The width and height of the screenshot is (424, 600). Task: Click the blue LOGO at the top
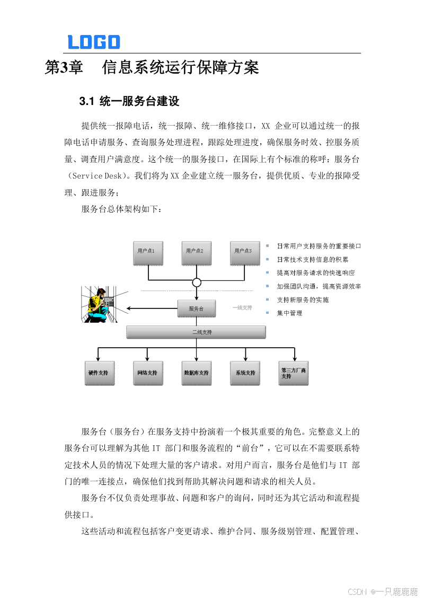94,42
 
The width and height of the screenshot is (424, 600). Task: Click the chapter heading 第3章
64,68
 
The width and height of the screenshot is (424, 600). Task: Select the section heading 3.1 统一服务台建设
129,101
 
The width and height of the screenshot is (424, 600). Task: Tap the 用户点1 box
147,252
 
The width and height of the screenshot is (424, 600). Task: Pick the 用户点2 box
196,252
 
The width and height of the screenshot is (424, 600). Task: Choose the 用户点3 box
244,252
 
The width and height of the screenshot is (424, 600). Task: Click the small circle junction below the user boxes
197,283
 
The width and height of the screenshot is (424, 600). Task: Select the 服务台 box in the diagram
196,308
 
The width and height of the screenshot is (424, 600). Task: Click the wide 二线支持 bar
196,332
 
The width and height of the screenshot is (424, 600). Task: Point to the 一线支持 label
243,307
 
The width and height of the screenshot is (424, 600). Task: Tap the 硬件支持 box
98,373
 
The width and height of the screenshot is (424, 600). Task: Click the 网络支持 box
147,373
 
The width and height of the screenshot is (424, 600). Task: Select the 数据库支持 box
196,373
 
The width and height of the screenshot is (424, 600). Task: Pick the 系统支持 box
245,373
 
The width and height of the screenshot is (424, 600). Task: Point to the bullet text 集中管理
289,313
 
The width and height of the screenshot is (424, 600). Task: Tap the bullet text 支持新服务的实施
303,300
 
